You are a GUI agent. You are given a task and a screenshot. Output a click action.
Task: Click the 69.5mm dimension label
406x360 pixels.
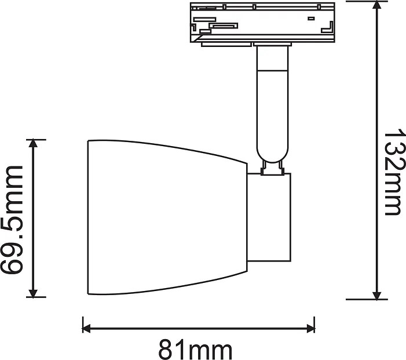pyautogui.click(x=13, y=219)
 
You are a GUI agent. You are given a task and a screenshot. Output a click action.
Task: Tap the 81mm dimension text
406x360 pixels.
pyautogui.click(x=195, y=350)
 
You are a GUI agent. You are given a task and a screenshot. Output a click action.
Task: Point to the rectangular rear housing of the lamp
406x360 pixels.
pyautogui.click(x=270, y=217)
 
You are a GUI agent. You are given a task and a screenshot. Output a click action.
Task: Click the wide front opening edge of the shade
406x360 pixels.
pyautogui.click(x=87, y=217)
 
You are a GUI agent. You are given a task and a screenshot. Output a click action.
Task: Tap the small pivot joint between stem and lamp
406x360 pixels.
pyautogui.click(x=273, y=169)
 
